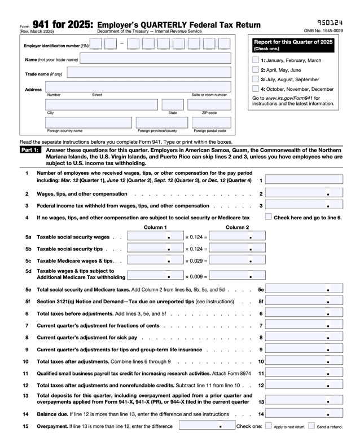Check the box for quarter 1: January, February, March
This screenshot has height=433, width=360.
pos(256,60)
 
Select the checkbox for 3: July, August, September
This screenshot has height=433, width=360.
pos(256,79)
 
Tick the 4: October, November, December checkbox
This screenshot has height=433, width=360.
pos(256,89)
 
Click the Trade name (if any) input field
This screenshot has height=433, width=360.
pos(149,73)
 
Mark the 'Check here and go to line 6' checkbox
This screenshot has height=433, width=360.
pos(269,216)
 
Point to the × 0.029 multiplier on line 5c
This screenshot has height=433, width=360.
pos(196,261)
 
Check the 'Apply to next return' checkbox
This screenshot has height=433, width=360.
pos(269,426)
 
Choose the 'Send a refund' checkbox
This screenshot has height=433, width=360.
pos(311,426)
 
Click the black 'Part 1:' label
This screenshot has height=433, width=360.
pos(29,151)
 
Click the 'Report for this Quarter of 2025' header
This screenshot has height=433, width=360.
pos(293,42)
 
